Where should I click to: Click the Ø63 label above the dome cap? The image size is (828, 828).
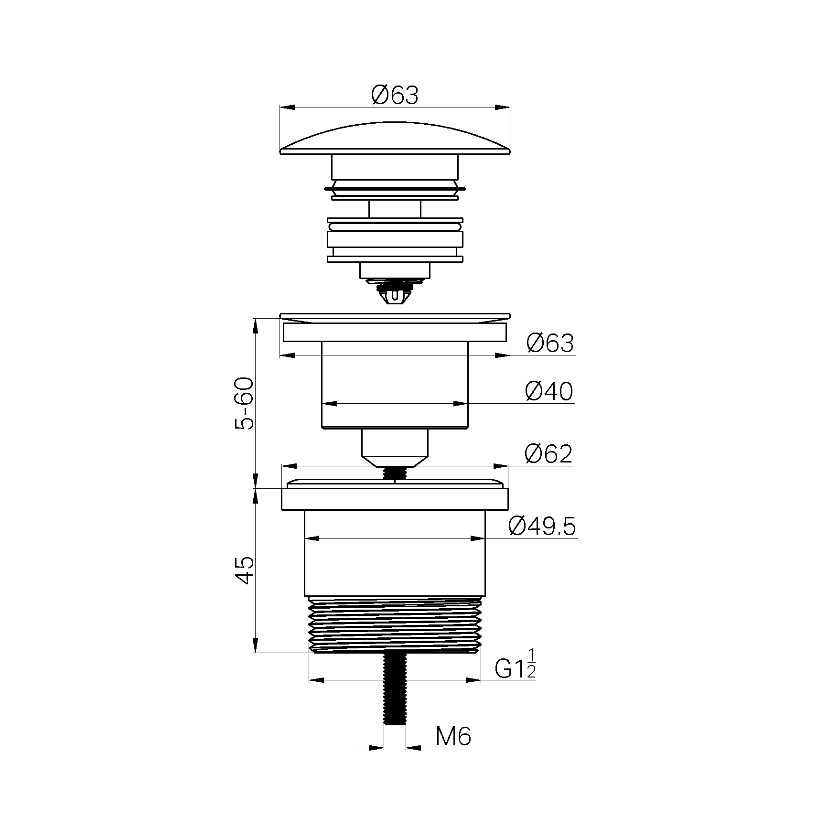[x=395, y=95]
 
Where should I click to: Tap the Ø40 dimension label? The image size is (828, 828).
[x=548, y=392]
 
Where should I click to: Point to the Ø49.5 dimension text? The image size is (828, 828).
[x=542, y=527]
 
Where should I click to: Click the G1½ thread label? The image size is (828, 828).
[x=515, y=665]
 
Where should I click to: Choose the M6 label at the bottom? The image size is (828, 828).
[x=453, y=750]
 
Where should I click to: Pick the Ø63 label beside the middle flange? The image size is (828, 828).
[x=550, y=343]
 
